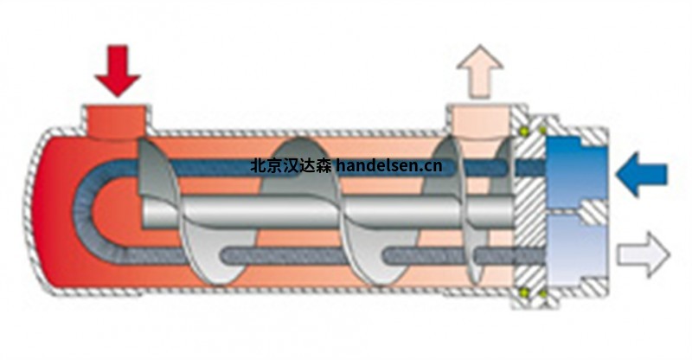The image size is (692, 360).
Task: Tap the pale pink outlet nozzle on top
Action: click(478, 120)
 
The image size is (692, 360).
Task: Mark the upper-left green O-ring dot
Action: click(524, 132)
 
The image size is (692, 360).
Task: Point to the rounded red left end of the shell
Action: click(48, 212)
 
